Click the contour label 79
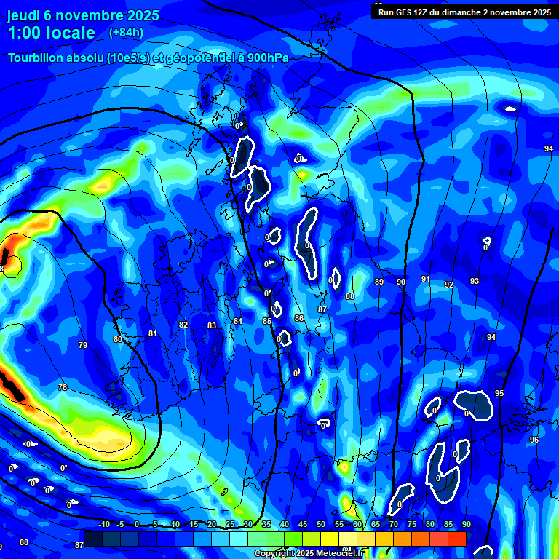point(83,345)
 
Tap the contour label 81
point(153,334)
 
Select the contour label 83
point(212,325)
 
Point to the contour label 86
point(299,318)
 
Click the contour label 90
point(401,282)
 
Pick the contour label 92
point(449,285)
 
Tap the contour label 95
point(499,393)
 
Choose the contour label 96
point(534,440)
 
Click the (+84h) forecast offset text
point(126,32)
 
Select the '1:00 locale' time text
point(52,33)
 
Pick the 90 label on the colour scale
point(466,525)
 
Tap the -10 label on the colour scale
point(103,525)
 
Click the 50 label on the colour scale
point(321,525)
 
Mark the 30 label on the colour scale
point(248,525)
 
